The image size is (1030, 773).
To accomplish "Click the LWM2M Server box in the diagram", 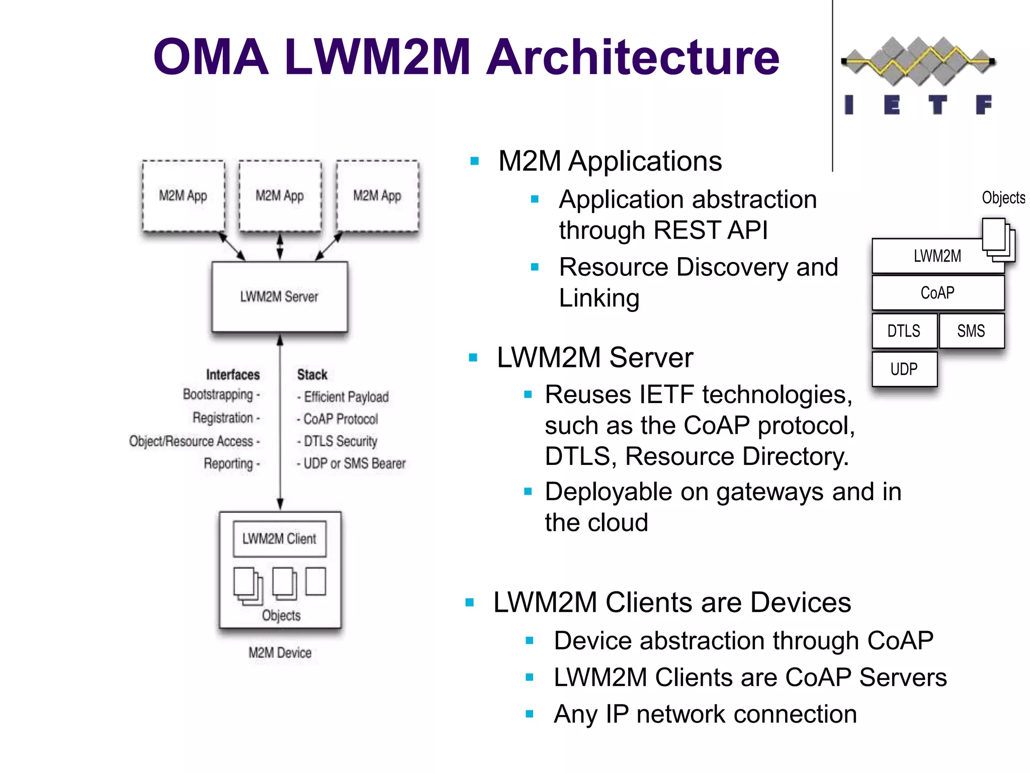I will [280, 296].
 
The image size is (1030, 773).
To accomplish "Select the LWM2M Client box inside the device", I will [280, 539].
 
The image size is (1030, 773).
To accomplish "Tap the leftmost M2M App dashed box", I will [183, 196].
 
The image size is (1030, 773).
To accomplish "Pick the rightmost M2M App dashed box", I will [377, 196].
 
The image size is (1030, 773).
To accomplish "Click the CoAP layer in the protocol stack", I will [937, 293].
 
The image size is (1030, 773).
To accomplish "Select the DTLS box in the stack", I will [904, 331].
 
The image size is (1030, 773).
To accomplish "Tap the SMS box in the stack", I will [971, 331].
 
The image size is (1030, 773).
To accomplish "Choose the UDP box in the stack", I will [904, 369].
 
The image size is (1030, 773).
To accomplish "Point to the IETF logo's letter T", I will [937, 105].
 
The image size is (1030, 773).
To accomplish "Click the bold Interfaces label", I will [233, 374].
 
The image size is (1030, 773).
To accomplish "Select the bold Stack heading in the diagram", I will [312, 374].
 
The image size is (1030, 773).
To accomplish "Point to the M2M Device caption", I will [280, 653].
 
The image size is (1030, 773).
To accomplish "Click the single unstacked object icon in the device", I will [316, 581].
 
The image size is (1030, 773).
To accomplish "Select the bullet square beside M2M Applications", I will [474, 162].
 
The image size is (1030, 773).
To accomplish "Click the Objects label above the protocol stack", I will [1003, 198].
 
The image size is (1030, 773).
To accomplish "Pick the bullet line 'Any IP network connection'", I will [705, 714].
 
